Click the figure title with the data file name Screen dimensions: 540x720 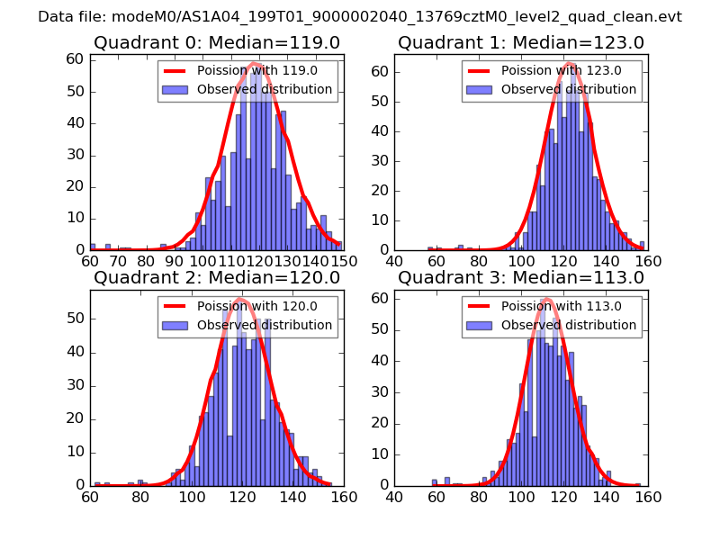pos(360,17)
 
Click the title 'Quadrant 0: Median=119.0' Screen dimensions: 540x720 pos(216,42)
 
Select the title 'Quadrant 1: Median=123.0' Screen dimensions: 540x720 pos(521,42)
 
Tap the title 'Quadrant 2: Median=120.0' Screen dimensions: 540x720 pos(216,277)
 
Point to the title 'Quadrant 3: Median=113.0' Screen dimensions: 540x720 pos(521,277)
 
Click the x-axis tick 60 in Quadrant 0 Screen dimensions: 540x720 pos(90,261)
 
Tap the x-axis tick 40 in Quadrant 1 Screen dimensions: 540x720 pos(394,261)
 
